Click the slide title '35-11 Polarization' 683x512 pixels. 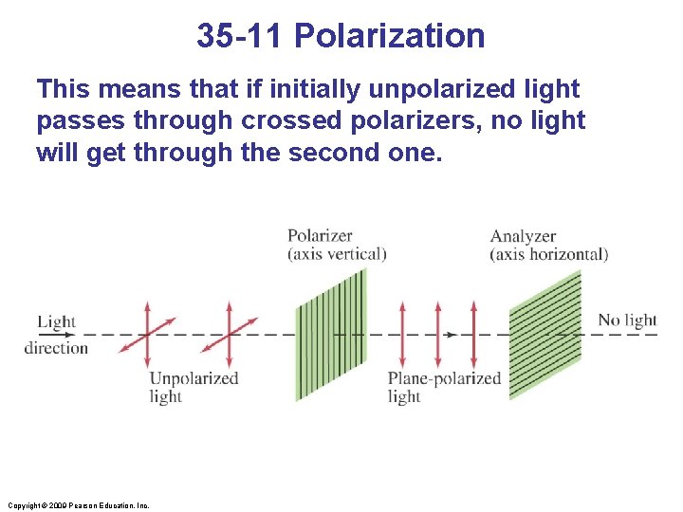coord(341,36)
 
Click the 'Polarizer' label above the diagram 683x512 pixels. coord(320,236)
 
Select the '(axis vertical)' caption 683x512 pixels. coord(337,254)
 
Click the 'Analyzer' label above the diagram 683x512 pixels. coord(523,236)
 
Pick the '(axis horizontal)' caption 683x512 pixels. coord(548,254)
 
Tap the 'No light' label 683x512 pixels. coord(627,320)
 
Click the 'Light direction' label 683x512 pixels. coord(56,334)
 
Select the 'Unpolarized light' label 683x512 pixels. coord(194,387)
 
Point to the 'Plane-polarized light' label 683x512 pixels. coord(443,387)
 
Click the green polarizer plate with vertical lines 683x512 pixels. coord(330,335)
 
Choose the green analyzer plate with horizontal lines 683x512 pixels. coord(545,335)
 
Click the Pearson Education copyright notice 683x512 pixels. coord(77,505)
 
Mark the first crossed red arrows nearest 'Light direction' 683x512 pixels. coord(147,335)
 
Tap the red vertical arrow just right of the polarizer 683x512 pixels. coord(402,335)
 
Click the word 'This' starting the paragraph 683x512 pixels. coord(63,90)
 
